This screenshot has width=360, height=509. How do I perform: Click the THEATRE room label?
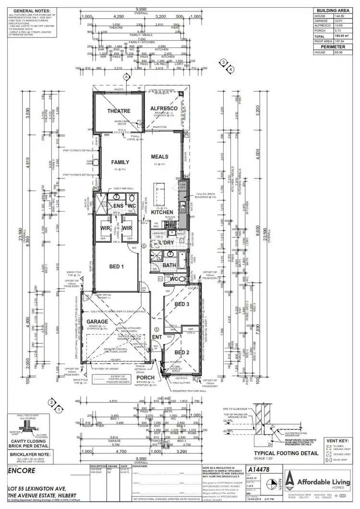pos(119,111)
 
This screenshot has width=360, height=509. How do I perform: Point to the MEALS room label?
pos(159,156)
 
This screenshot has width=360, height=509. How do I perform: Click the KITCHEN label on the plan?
pos(162,212)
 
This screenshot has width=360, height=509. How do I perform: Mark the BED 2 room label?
pos(182,352)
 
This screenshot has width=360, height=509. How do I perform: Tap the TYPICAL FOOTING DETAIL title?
pos(293,452)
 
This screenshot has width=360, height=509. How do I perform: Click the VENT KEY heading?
pos(338,439)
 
